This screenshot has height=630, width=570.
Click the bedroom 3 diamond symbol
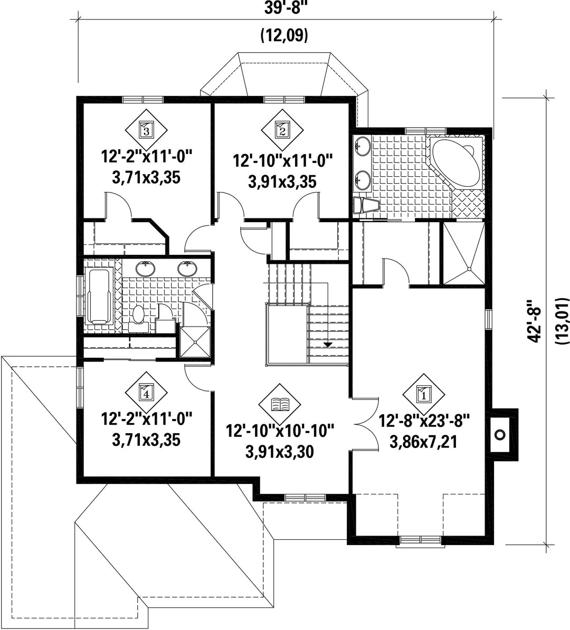[x=146, y=130]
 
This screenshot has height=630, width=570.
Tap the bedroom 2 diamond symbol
[x=282, y=130]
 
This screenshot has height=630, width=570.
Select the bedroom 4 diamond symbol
[x=146, y=393]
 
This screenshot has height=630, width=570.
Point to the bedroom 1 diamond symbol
[x=424, y=395]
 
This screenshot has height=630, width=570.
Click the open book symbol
[x=280, y=404]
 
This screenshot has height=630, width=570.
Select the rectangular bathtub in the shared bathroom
[x=99, y=297]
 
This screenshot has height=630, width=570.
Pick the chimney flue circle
[x=500, y=434]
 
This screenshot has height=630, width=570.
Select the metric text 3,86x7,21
[x=424, y=442]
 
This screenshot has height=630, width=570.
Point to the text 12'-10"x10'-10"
[x=280, y=431]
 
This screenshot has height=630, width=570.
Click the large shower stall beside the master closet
[x=463, y=253]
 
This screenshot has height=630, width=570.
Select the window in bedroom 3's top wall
[x=142, y=99]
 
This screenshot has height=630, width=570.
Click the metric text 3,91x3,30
[x=280, y=452]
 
